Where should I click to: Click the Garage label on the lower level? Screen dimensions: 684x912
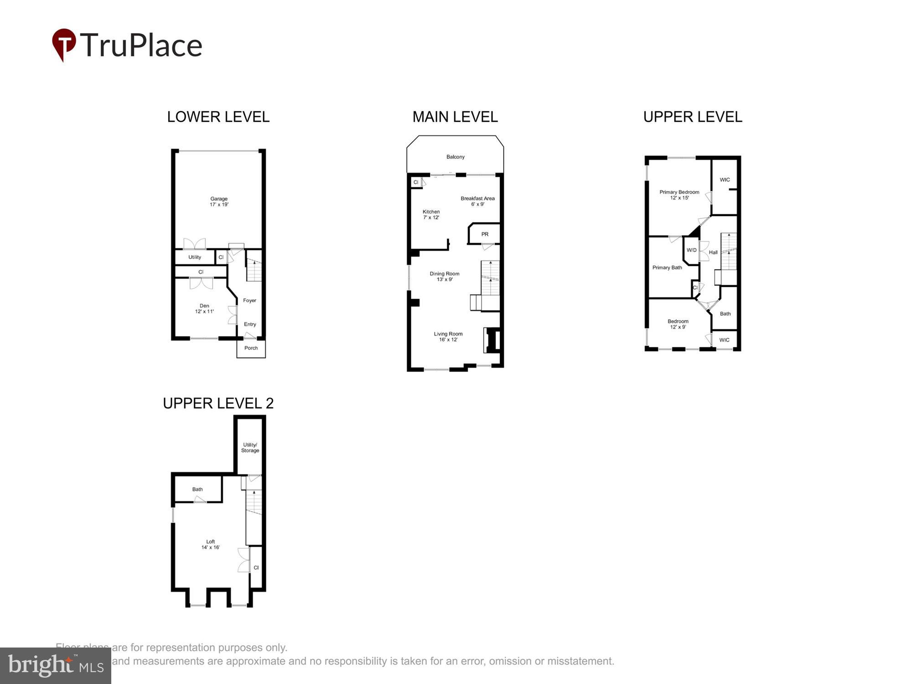219,202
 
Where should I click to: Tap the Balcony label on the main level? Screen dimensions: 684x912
455,157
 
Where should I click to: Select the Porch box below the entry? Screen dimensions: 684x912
251,348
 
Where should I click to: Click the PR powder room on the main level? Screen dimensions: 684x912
485,234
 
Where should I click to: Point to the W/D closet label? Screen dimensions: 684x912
691,250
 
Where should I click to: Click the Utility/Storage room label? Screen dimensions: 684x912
250,448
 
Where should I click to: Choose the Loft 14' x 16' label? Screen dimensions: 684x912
210,544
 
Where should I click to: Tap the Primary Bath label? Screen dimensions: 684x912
667,268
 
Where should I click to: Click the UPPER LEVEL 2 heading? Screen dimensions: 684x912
218,403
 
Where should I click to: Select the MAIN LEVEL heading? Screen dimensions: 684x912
455,117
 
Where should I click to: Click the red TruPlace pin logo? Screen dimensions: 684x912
64,44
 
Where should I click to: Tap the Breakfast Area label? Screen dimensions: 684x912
477,201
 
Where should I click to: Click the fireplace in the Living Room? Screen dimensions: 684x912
492,340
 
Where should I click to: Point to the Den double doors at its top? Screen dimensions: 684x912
201,283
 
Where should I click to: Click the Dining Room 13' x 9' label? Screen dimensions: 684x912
445,276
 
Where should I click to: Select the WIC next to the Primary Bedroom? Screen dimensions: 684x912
725,180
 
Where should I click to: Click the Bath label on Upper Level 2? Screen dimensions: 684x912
197,489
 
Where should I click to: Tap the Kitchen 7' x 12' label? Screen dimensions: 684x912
431,214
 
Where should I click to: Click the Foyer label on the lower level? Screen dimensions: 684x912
249,301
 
